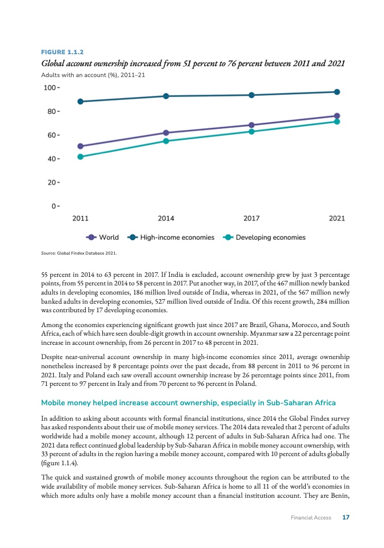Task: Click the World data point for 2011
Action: point(81,146)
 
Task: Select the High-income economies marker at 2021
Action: point(337,92)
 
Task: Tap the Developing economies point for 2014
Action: point(166,141)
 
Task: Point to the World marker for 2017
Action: point(251,125)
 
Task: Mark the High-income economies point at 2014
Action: point(166,96)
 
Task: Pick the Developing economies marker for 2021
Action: point(337,122)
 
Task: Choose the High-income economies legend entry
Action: point(171,237)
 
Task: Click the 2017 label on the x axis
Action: point(251,218)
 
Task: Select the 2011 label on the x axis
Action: point(81,218)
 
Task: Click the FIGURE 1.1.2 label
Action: point(59,51)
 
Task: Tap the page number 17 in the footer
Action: point(345,518)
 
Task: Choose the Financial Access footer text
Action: point(310,518)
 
